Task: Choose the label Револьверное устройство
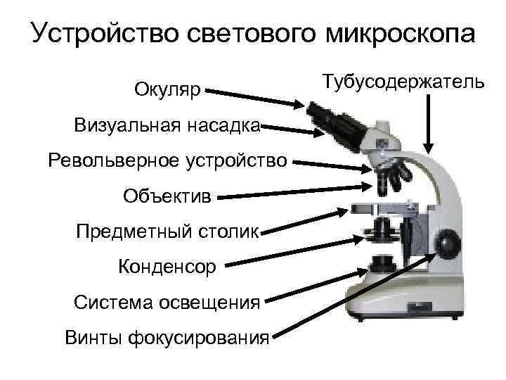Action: [167, 160]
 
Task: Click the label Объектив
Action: [167, 195]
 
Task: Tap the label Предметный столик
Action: [167, 231]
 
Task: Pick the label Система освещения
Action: [167, 303]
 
